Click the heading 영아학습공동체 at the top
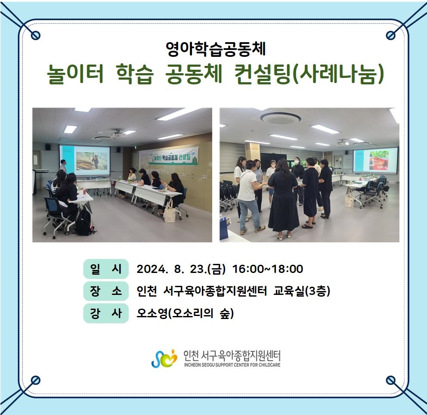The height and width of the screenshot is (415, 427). pos(216,49)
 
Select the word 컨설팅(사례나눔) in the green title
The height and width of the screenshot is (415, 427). pos(309,74)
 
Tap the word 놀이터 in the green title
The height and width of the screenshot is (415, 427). pos(75,74)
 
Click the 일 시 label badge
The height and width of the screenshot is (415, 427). pos(105,269)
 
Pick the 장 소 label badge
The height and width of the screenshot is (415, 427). pos(105,291)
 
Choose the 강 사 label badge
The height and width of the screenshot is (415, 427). pos(105,313)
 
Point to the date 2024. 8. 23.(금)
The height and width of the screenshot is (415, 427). pos(181,269)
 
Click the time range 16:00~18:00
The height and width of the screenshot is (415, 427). pos(268,269)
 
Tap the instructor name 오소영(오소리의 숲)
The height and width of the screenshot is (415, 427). pos(185,313)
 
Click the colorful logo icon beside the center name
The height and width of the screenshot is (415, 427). pos(164,358)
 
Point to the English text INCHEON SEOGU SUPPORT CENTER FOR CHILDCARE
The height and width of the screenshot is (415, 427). pos(232,365)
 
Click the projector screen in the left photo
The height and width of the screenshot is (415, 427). pos(85,160)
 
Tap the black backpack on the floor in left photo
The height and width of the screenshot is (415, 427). pos(84,223)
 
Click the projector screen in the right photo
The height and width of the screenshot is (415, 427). pos(375,161)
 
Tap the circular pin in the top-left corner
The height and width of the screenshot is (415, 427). pos(36,35)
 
